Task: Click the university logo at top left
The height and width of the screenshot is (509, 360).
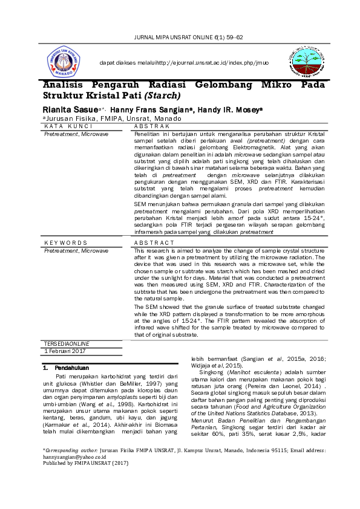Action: click(x=64, y=63)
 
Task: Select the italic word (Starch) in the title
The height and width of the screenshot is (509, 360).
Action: click(x=162, y=96)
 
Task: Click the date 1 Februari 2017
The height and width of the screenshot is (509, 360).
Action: click(x=65, y=351)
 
